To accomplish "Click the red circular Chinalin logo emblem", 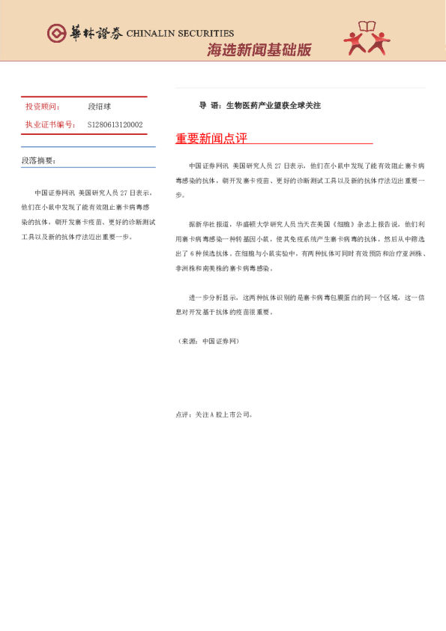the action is pyautogui.click(x=57, y=32).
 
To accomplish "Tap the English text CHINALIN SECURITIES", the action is pyautogui.click(x=180, y=34).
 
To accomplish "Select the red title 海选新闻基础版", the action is pyautogui.click(x=259, y=50).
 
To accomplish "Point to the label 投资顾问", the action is pyautogui.click(x=43, y=107).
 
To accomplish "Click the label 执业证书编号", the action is pyautogui.click(x=50, y=124).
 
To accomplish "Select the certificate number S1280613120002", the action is pyautogui.click(x=115, y=124).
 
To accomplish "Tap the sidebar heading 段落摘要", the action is pyautogui.click(x=38, y=160).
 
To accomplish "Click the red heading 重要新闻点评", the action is pyautogui.click(x=211, y=139).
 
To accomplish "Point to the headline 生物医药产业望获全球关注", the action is pyautogui.click(x=273, y=106).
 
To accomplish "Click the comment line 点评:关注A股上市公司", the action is pyautogui.click(x=214, y=414).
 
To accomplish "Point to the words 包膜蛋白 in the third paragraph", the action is pyautogui.click(x=340, y=298).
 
